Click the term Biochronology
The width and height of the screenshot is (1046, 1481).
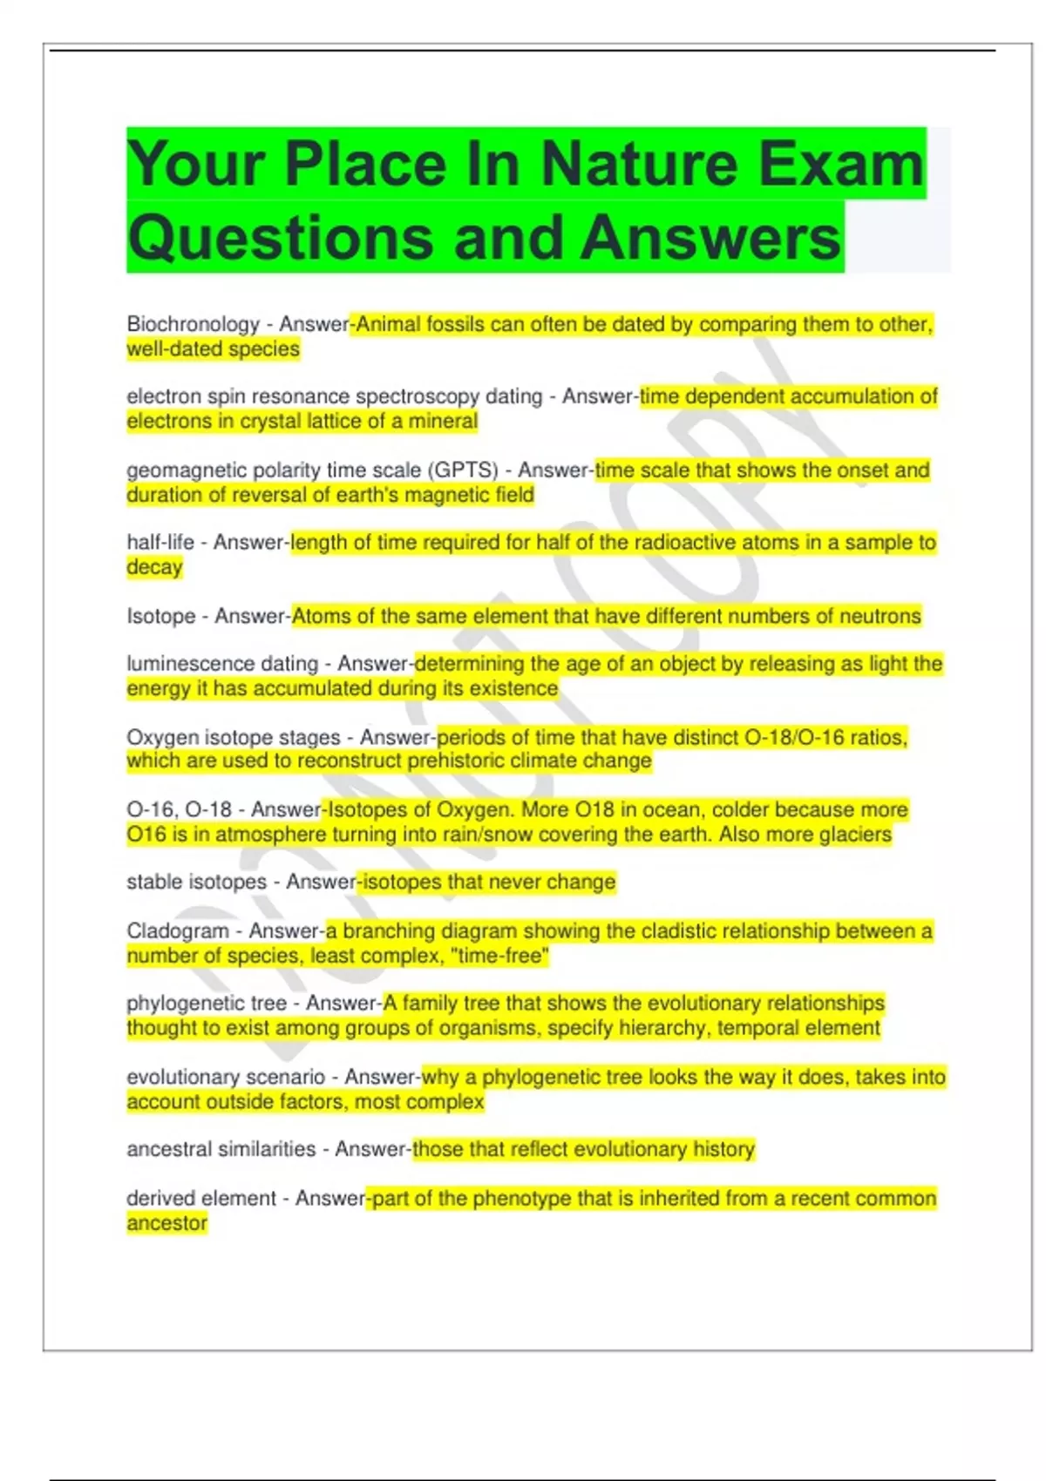(193, 324)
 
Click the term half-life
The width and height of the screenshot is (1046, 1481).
(160, 543)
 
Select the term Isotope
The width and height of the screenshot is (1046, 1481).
(161, 616)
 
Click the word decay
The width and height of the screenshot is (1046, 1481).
(154, 567)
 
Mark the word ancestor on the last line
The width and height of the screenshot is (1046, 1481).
(166, 1223)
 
